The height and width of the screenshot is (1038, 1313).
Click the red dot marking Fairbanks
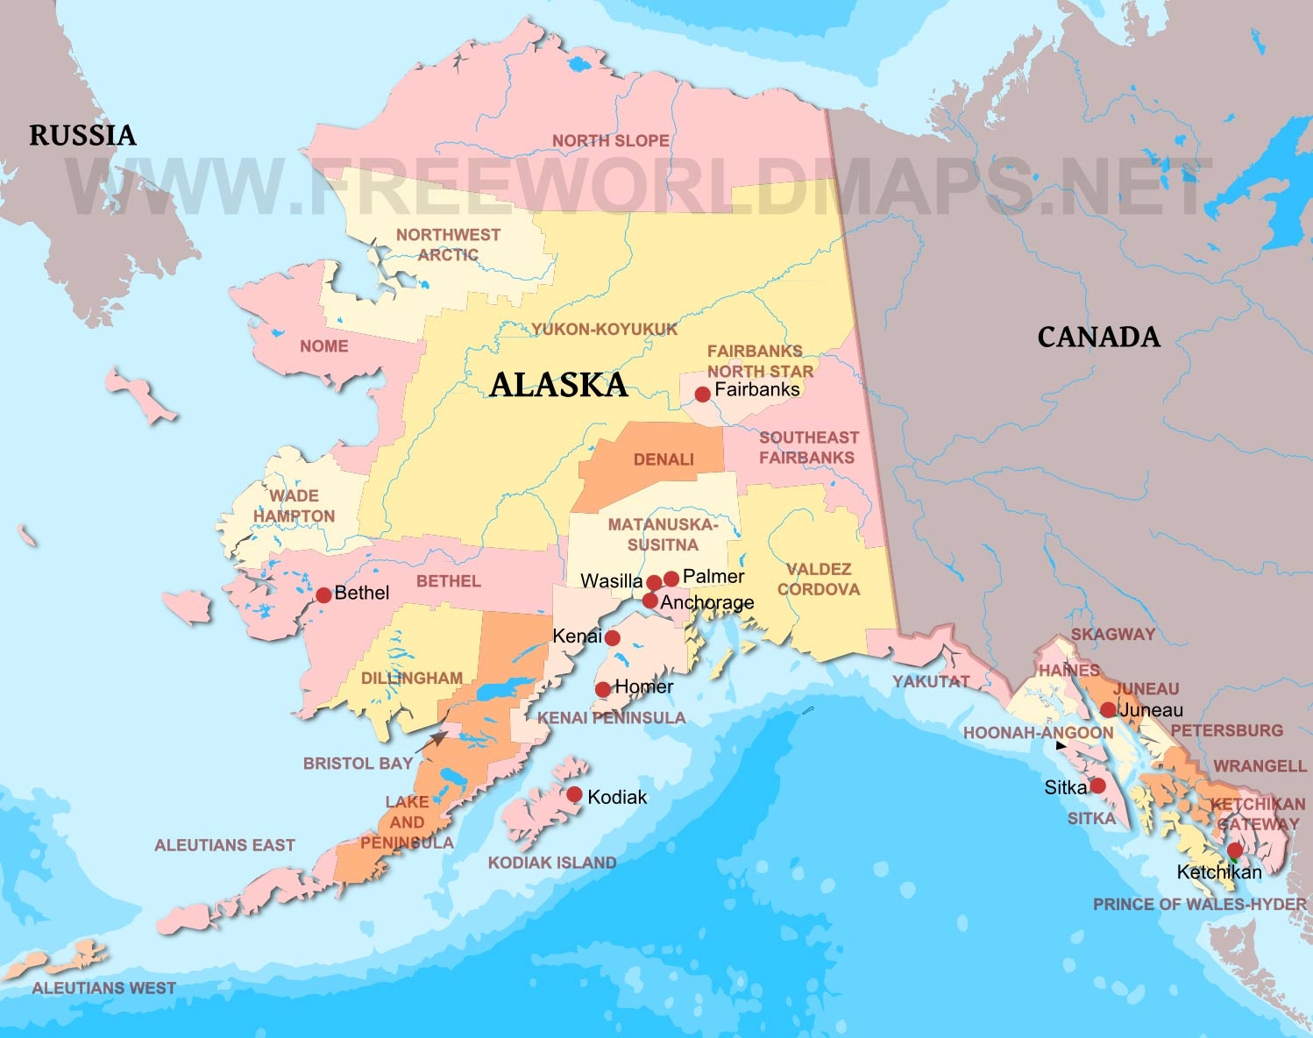[x=702, y=395]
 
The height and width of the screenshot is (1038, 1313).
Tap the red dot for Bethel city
[x=323, y=595]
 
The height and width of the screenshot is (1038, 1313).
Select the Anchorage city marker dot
[x=649, y=601]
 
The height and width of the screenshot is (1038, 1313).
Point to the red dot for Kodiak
[x=574, y=794]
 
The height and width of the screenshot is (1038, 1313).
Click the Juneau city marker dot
[x=1108, y=709]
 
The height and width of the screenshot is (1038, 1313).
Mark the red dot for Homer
[x=603, y=690]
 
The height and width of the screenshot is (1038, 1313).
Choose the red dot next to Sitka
[x=1097, y=786]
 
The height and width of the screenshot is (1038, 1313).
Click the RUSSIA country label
[x=82, y=135]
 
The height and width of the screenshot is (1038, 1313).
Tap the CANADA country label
[x=1098, y=337]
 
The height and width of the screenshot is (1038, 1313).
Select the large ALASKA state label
[x=558, y=385]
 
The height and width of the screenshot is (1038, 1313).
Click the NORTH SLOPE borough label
[x=610, y=141]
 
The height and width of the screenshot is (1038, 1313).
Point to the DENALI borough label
[x=664, y=459]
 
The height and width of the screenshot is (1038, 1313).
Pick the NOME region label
[x=324, y=346]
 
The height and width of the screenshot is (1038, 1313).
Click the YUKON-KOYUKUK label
[x=604, y=330]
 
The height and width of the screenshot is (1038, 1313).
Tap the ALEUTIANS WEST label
[x=103, y=988]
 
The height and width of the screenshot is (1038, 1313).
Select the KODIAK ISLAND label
[x=551, y=863]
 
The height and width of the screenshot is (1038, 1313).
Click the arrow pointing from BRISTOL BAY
[x=433, y=742]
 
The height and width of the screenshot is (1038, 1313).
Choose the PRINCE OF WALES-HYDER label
[x=1199, y=904]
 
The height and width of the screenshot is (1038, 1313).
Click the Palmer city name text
[x=713, y=576]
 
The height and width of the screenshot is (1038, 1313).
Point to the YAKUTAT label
[x=931, y=681]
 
